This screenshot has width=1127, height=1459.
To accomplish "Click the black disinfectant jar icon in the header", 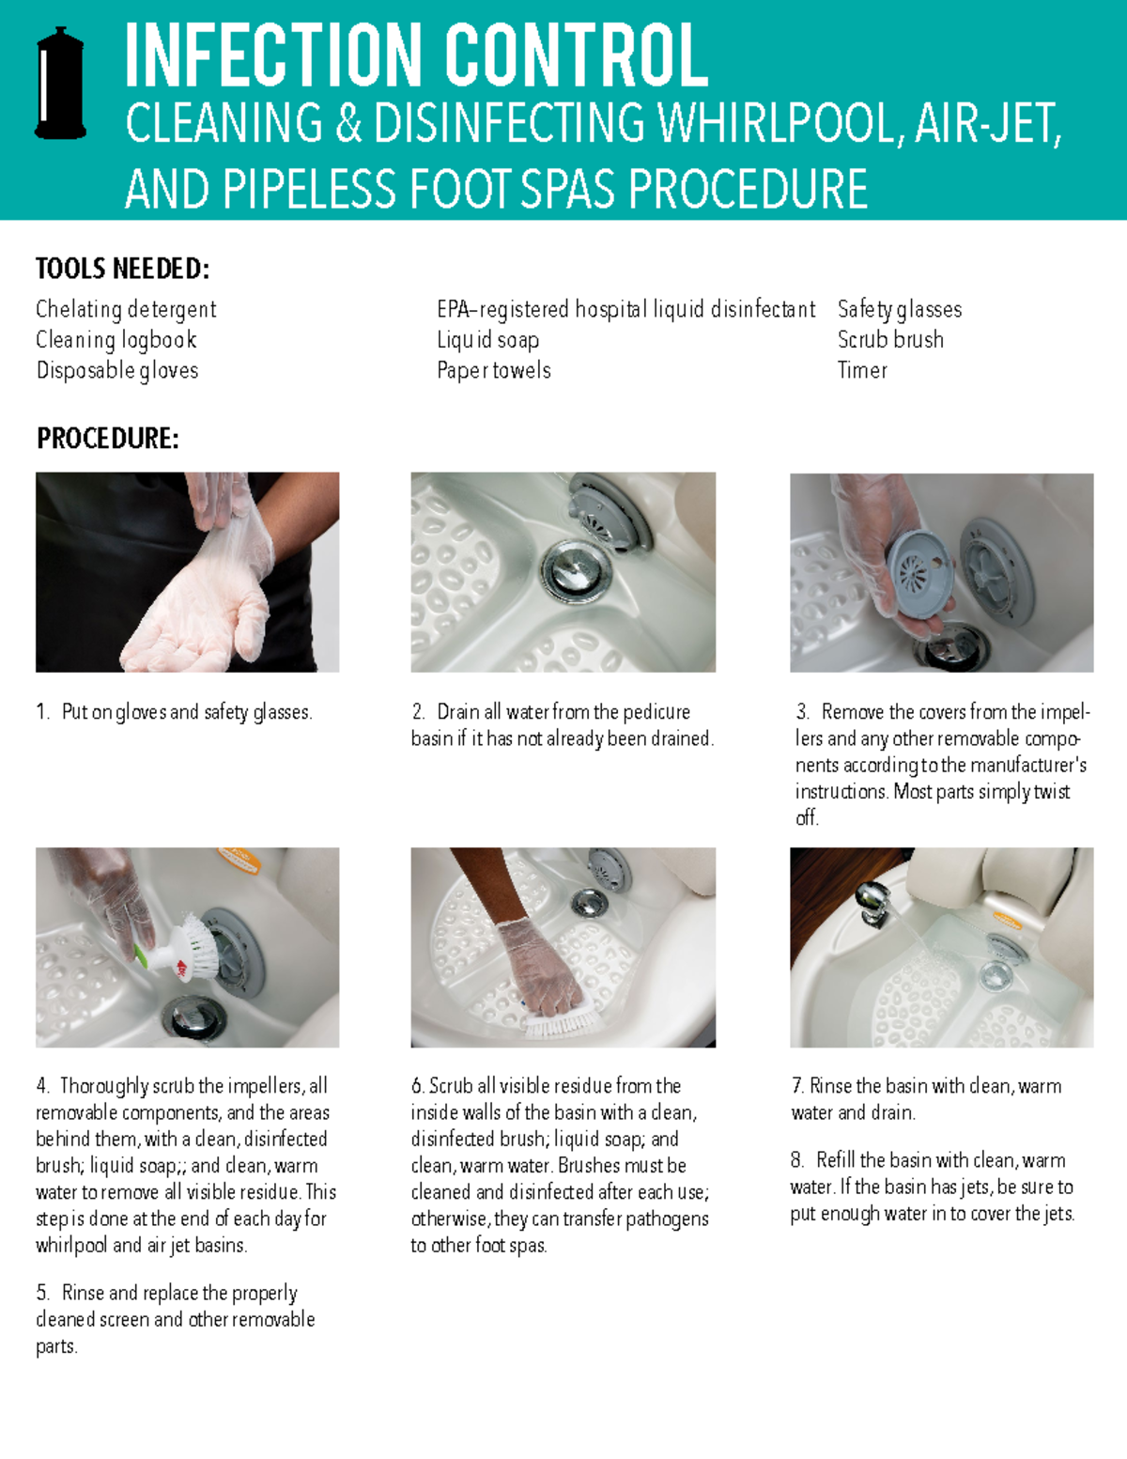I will [x=60, y=84].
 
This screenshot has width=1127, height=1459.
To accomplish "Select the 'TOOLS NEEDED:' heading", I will [x=122, y=269].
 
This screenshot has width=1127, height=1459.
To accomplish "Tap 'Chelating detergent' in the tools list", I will [x=126, y=309].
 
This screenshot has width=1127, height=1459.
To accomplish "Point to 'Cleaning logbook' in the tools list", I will [x=116, y=339].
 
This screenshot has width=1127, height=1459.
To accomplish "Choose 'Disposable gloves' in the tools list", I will [x=117, y=370].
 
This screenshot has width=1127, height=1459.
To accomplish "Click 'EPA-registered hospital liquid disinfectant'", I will [x=625, y=309].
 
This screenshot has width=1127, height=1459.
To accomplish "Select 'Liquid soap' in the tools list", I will [x=487, y=339].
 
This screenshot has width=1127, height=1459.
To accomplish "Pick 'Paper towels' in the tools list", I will [x=493, y=370].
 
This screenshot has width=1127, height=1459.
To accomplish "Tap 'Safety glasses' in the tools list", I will [x=899, y=309].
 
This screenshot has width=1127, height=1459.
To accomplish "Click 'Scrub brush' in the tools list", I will [x=890, y=339].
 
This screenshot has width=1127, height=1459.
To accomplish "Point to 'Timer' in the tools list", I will [x=862, y=370].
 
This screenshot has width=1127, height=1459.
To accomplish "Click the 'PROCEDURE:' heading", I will [x=107, y=438].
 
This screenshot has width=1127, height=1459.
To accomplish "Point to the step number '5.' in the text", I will [x=43, y=1293].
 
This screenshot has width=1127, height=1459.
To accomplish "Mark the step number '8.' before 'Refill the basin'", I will [x=797, y=1160].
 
